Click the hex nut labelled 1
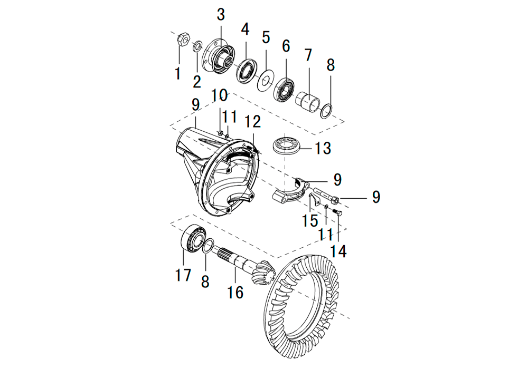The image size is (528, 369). (x=184, y=40)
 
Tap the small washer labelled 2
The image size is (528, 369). (x=197, y=46)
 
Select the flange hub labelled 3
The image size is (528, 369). (x=219, y=56)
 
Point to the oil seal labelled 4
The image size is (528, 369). (x=247, y=70)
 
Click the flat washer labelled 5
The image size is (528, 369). (x=266, y=80)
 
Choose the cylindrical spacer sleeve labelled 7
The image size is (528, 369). (x=308, y=102)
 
